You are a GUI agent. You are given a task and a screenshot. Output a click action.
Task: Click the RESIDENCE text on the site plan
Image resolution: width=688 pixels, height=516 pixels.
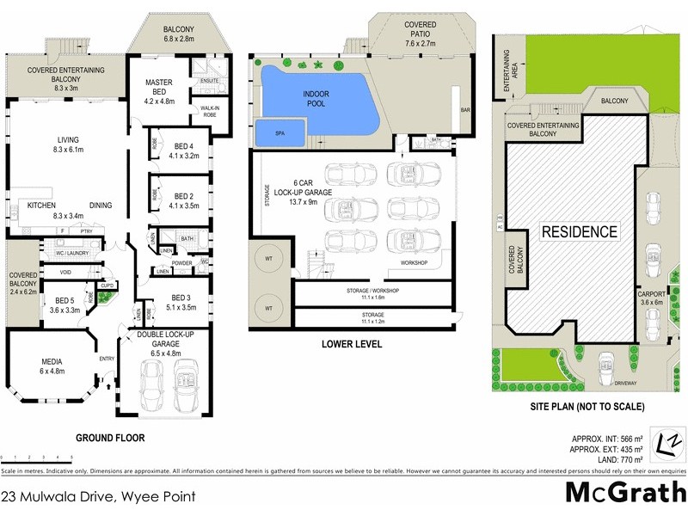tap(579, 231)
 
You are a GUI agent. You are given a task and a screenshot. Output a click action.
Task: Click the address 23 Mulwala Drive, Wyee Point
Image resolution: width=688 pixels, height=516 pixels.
tap(99, 496)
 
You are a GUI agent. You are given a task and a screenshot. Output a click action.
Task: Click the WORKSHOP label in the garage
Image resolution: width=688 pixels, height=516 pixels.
tap(415, 262)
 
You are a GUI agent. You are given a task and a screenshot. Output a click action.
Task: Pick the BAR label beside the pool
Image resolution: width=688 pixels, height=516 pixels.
tap(466, 111)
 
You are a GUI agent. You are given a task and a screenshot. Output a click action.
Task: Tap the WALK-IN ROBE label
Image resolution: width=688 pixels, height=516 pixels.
tap(209, 112)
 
